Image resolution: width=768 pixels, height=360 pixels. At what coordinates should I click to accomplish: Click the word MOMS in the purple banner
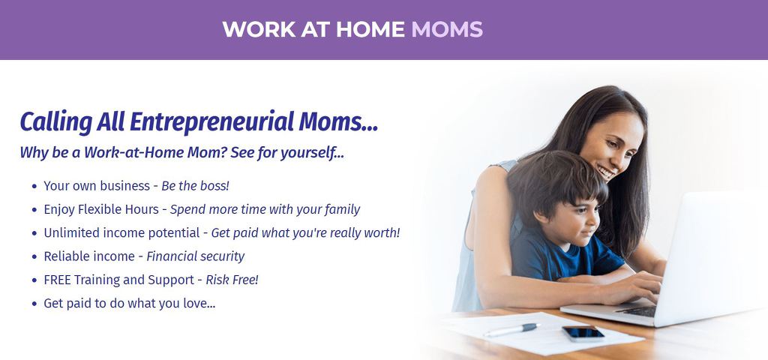447,29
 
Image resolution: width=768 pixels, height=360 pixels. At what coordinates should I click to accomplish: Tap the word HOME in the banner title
370,29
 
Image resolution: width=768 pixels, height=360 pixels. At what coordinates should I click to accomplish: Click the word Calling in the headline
55,122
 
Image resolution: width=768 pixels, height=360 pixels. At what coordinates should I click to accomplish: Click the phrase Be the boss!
196,186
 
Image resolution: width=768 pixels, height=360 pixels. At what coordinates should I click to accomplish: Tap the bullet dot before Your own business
34,187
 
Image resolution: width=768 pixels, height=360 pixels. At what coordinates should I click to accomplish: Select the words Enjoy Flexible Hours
101,210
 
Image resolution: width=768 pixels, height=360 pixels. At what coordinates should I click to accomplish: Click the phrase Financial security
196,256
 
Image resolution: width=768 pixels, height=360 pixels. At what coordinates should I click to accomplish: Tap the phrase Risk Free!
232,280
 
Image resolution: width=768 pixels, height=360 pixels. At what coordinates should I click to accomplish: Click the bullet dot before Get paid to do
34,304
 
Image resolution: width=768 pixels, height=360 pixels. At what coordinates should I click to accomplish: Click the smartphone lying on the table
583,334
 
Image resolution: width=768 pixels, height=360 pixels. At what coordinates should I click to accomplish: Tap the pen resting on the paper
511,330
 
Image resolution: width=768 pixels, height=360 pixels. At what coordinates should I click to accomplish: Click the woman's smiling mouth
606,172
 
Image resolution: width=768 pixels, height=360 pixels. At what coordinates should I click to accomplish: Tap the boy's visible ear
541,217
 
